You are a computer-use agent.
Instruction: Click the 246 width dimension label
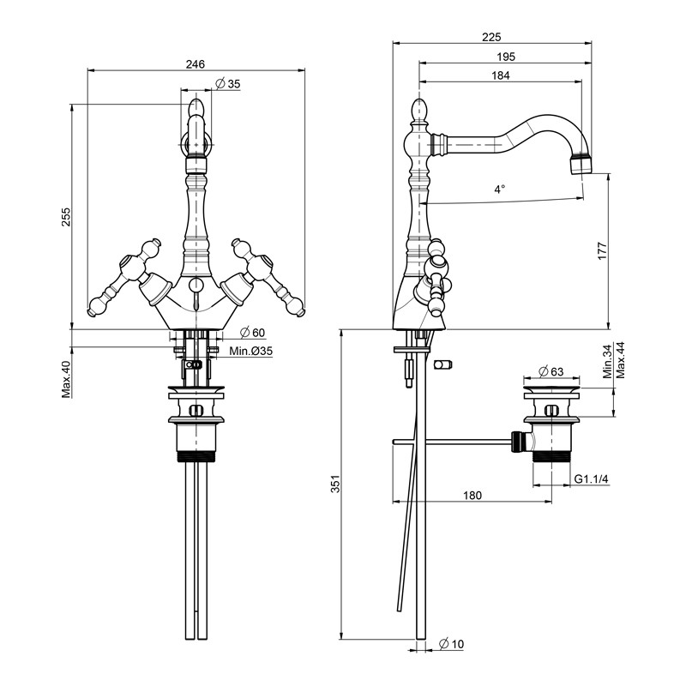coord(196,64)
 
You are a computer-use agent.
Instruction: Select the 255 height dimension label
coord(66,217)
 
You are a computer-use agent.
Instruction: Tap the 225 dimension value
coord(491,37)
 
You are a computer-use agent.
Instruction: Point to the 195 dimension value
coord(506,57)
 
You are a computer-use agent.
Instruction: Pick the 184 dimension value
coord(501,75)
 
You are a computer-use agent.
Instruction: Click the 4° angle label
coord(500,189)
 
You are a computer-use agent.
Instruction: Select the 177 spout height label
coord(603,251)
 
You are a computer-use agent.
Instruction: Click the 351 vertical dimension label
coord(335,484)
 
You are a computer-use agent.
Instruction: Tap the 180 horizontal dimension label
coord(472,496)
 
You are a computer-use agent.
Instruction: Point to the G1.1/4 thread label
coord(591,479)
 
